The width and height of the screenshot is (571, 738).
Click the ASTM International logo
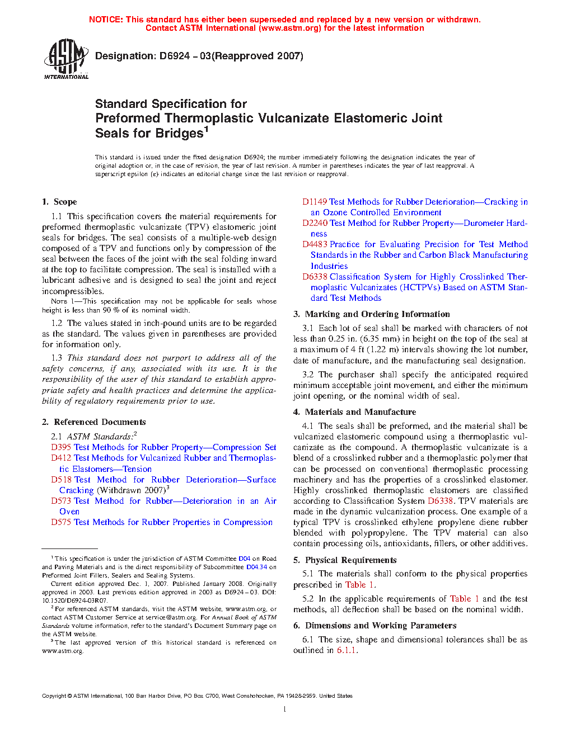(x=66, y=59)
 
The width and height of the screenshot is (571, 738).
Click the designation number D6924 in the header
(x=174, y=56)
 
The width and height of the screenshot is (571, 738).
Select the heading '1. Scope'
(x=59, y=202)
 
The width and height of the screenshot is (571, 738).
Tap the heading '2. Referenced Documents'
(x=93, y=422)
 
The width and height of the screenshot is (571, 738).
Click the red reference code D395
(x=61, y=447)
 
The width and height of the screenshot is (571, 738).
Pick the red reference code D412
(x=61, y=458)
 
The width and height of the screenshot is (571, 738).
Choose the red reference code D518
(x=61, y=480)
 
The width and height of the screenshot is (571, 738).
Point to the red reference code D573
(x=61, y=501)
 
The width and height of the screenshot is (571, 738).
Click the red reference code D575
(x=61, y=522)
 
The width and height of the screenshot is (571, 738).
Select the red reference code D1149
(x=315, y=202)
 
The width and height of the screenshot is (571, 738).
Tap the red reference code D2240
(x=315, y=223)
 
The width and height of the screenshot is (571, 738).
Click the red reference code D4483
(x=315, y=244)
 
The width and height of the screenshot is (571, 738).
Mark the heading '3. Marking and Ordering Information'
(x=372, y=314)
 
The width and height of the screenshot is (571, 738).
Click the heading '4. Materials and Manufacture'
(x=354, y=412)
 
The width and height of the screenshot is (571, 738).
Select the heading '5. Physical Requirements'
(x=345, y=560)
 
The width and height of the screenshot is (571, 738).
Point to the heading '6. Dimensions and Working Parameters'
(x=375, y=626)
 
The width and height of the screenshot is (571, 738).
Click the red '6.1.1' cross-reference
(x=347, y=650)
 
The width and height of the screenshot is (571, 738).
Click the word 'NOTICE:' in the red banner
(x=106, y=20)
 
